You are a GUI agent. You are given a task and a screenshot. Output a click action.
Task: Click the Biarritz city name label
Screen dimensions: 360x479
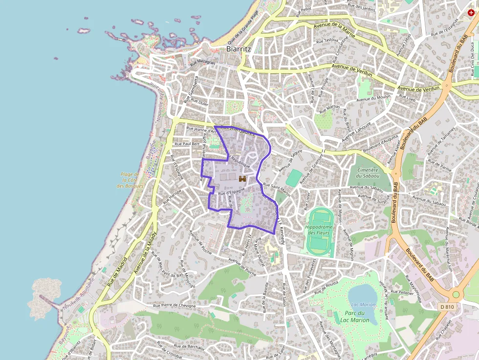point(239,49)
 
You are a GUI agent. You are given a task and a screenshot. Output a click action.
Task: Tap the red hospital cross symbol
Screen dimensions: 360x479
point(471,13)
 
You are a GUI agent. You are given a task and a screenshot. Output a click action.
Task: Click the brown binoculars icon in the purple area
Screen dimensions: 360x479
point(242,179)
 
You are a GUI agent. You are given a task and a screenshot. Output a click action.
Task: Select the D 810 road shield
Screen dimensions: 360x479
point(447,306)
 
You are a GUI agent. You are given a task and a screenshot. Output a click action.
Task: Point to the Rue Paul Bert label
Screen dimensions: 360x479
point(187,144)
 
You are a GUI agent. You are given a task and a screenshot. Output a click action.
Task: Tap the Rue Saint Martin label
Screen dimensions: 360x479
point(277,188)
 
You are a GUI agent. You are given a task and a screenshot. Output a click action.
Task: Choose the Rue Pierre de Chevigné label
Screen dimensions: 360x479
point(174,306)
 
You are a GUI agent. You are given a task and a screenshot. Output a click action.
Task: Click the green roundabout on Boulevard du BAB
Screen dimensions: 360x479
point(456,295)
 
